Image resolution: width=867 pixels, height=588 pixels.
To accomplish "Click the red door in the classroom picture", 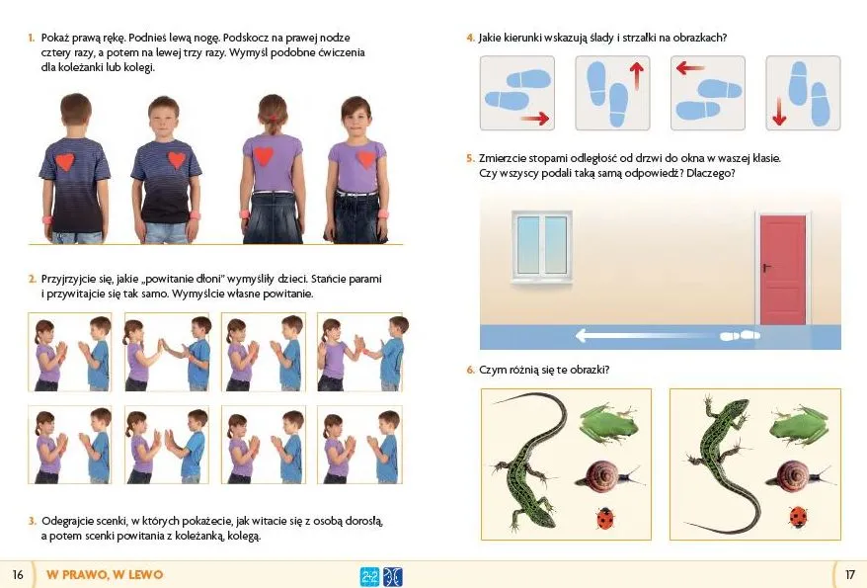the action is pyautogui.click(x=783, y=270).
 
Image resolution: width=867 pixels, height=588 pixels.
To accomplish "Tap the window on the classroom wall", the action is pyautogui.click(x=542, y=246).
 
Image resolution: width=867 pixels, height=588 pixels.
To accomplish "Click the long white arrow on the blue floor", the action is pyautogui.click(x=648, y=335).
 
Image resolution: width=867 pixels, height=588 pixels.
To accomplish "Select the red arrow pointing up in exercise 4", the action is pyautogui.click(x=637, y=75).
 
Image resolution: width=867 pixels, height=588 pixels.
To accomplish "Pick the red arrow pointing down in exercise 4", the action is pyautogui.click(x=779, y=112).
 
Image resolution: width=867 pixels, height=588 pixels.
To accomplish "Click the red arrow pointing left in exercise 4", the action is pyautogui.click(x=690, y=68).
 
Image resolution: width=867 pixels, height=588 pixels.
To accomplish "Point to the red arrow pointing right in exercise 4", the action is pyautogui.click(x=534, y=118).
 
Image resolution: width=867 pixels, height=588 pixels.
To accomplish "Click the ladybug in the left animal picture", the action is pyautogui.click(x=605, y=518).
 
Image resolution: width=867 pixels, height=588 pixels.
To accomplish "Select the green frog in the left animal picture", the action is pyautogui.click(x=609, y=423).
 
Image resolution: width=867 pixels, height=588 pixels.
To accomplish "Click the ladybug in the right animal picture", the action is pyautogui.click(x=797, y=517).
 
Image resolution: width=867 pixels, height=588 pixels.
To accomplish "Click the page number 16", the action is pyautogui.click(x=18, y=575).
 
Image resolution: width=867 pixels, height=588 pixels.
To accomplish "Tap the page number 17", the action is pyautogui.click(x=850, y=575).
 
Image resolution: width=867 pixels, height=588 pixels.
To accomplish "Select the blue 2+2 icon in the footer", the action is pyautogui.click(x=369, y=577).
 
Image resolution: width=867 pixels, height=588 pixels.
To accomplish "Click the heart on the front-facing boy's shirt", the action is pyautogui.click(x=177, y=159).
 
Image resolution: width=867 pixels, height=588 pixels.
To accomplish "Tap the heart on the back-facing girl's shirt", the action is pyautogui.click(x=264, y=155).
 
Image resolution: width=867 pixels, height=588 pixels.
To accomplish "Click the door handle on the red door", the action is pyautogui.click(x=767, y=268).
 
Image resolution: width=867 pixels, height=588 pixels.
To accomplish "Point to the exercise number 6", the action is pyautogui.click(x=470, y=370).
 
